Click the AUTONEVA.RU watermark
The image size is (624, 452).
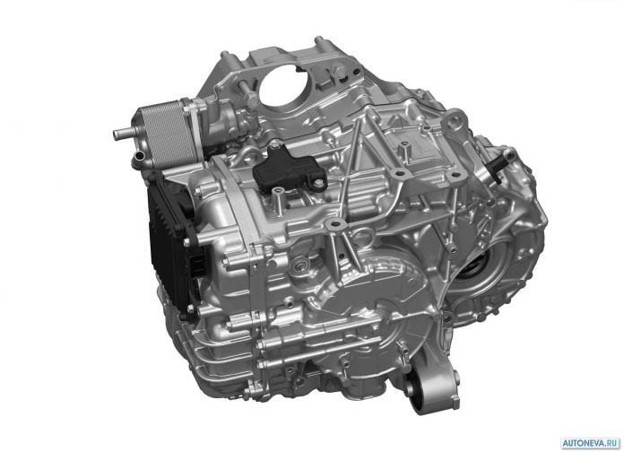tap(591, 442)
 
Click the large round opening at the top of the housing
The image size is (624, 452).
tap(282, 86)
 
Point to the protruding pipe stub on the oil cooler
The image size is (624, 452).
tap(120, 134)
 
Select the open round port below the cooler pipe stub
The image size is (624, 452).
tap(139, 157)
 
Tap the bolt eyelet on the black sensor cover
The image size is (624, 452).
tap(318, 183)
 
